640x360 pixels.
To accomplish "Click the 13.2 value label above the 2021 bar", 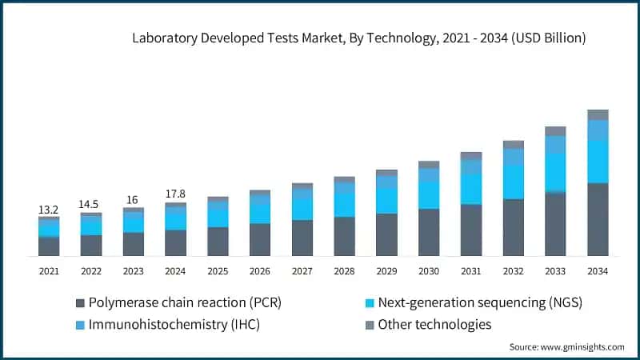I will coord(49,210).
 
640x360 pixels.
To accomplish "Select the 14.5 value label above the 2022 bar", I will coord(91,205).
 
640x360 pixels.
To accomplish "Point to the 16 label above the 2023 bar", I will coord(133,199).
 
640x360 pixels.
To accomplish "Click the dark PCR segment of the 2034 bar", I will coord(598,219).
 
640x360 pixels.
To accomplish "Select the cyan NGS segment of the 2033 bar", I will coord(555,172).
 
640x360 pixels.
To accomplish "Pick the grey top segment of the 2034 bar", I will coord(598,114).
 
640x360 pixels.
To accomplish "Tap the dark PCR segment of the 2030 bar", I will coord(429,232).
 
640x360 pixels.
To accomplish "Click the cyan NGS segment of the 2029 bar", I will coord(386,201).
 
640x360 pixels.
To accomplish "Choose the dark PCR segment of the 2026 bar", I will coord(260,239).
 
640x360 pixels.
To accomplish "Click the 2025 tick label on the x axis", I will coord(218,272).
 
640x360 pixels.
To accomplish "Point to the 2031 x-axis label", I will coord(471,272).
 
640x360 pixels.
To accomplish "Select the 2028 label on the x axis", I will coord(345,272).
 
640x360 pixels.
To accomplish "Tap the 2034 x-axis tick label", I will coord(598,272).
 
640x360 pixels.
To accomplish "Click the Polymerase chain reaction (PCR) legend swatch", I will coord(79,303).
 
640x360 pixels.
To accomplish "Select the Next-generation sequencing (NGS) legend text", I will coord(479,303).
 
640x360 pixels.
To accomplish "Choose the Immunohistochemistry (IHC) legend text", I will coord(174,325).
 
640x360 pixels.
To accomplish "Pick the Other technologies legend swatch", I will coord(369,325).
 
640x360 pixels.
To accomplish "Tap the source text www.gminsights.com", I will coord(584,347).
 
